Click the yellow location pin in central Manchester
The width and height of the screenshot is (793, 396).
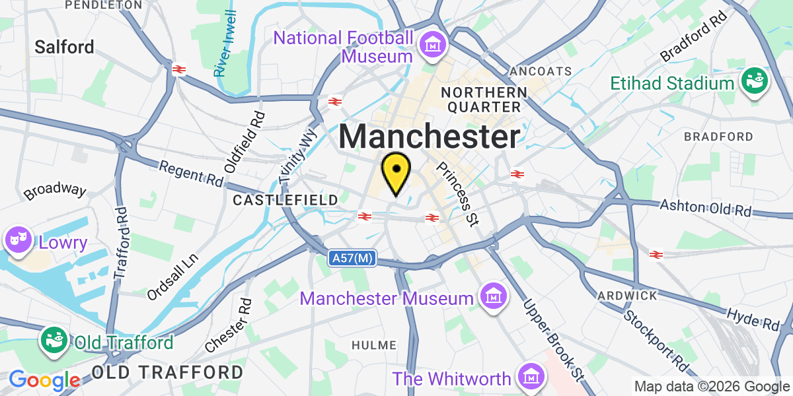[396, 170]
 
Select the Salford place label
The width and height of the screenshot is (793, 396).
[65, 47]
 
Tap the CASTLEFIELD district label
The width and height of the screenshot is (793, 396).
[285, 199]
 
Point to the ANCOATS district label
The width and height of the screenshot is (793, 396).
[541, 71]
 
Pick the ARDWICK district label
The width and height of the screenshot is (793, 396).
[627, 295]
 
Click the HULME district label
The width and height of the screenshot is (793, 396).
[374, 345]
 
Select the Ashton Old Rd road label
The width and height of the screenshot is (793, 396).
[706, 208]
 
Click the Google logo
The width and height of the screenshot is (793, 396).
[44, 380]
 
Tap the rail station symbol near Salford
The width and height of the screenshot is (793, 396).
[178, 69]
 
